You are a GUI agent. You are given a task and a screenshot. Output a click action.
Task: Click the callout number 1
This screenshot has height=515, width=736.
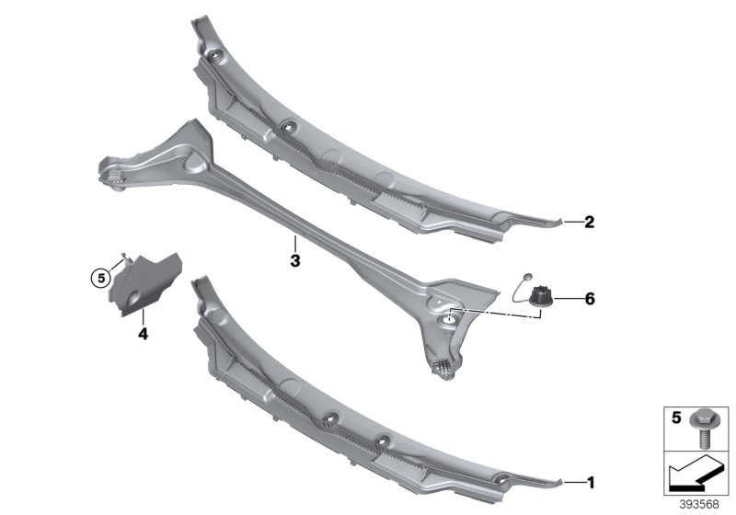(590, 482)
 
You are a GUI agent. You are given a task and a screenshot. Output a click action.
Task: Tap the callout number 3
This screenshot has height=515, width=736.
(294, 262)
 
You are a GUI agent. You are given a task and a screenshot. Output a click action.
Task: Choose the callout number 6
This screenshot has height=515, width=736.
(590, 299)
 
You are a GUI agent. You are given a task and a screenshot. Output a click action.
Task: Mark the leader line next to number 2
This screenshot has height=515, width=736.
(569, 222)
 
